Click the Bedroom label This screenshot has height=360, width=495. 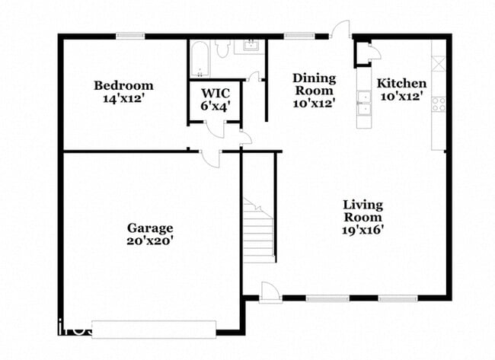coord(123,85)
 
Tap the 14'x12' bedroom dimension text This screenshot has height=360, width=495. coord(123,99)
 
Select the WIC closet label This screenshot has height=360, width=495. coord(216,94)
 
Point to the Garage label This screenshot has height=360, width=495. coord(150,228)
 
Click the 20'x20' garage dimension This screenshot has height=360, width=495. coord(150,241)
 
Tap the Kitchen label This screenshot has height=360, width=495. coord(401,84)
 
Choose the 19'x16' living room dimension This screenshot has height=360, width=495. coord(362,230)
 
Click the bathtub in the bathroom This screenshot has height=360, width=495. coord(200,59)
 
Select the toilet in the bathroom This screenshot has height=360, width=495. coord(223,48)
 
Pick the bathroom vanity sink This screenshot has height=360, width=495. coord(251,45)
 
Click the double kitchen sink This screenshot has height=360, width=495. coord(364,103)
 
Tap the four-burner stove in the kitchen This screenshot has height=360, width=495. coord(439,104)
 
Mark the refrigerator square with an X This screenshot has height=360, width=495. coord(439,63)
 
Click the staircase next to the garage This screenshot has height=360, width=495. coord(258,231)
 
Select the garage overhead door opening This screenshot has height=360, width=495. coord(154,330)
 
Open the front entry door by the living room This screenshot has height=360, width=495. coord(270,293)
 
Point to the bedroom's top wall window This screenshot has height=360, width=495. coord(130,36)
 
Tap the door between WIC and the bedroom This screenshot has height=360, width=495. coord(215,129)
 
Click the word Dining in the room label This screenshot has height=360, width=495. coord(314,78)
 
